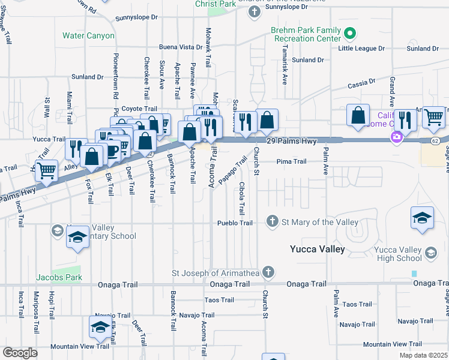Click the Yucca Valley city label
pyautogui.click(x=317, y=249)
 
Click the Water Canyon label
pyautogui.click(x=88, y=36)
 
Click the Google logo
pyautogui.click(x=20, y=353)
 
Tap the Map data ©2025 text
pyautogui.click(x=423, y=355)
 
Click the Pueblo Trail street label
pyautogui.click(x=235, y=223)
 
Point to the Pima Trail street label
pyautogui.click(x=291, y=161)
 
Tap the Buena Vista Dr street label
pyautogui.click(x=181, y=47)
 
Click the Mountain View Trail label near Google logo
pyautogui.click(x=79, y=346)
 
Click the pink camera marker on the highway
pyautogui.click(x=396, y=137)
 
